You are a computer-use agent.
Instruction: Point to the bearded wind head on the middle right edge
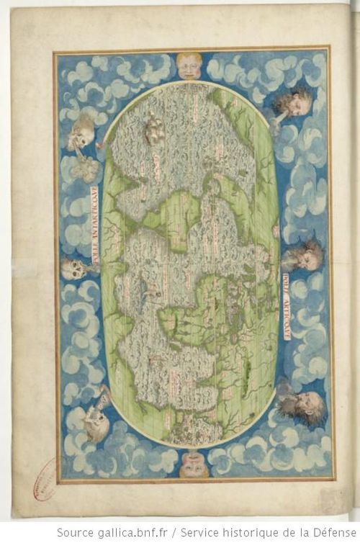click(x=305, y=255)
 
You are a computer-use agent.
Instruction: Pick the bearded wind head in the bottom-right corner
click(x=302, y=405)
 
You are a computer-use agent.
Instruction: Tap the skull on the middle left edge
click(x=72, y=269)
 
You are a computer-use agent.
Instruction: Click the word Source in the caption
click(x=75, y=532)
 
